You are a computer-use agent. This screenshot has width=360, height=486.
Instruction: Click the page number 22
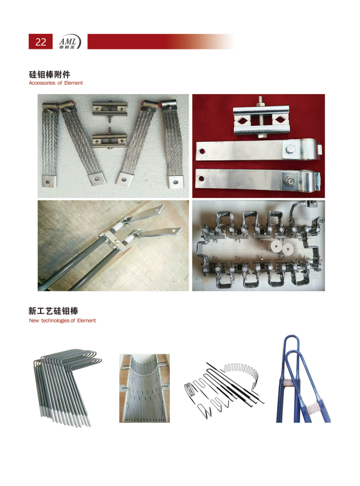pos(41,42)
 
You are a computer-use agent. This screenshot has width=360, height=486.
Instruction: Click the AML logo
pos(70,42)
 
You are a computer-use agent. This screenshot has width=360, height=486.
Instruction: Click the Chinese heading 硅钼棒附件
pos(49,75)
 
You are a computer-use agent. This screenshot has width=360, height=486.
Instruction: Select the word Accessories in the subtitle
pos(42,83)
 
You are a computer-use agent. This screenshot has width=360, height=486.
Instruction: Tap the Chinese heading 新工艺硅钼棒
pos(53,311)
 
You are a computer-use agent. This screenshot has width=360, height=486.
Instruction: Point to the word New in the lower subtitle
pos(34,320)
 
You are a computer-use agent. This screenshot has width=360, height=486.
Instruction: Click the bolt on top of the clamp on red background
pos(260,101)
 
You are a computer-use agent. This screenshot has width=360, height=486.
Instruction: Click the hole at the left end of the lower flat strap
pos(202,179)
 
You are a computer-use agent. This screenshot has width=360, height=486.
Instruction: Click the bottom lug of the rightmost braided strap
pos(176,182)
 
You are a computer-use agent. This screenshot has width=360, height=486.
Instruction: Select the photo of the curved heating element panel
pos(145,388)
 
